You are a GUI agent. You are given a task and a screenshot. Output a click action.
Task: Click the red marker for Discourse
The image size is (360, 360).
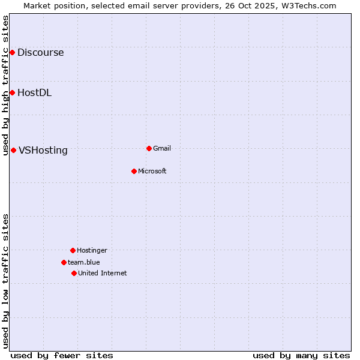(x=12, y=53)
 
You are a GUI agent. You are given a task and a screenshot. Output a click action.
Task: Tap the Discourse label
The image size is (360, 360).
(x=40, y=53)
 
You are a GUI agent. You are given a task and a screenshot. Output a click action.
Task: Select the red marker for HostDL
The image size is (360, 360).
(x=12, y=92)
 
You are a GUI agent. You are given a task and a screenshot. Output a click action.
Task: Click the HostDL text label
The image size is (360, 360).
(x=34, y=93)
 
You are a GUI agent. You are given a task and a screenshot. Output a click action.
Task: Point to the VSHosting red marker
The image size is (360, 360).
(x=13, y=150)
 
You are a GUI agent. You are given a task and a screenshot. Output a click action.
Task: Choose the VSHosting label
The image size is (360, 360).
(x=43, y=151)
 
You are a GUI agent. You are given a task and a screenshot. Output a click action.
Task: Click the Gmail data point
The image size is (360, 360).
(x=149, y=148)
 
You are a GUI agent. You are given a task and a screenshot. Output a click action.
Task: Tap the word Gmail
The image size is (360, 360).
(x=162, y=149)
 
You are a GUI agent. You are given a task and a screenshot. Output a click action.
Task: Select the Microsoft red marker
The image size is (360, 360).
(x=134, y=171)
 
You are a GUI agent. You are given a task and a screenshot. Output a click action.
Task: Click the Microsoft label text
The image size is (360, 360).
(x=152, y=172)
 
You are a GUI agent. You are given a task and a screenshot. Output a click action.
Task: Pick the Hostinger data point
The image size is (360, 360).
(x=73, y=250)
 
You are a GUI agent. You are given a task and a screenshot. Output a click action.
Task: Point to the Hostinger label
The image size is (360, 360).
(x=92, y=251)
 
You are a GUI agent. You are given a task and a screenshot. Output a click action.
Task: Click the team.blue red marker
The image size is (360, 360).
(x=64, y=262)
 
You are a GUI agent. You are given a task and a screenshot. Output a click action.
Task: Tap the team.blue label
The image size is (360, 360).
(x=83, y=263)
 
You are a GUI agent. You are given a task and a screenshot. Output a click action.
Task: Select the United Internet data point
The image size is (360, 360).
(x=74, y=273)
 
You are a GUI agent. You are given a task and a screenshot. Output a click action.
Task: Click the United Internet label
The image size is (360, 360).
(x=102, y=274)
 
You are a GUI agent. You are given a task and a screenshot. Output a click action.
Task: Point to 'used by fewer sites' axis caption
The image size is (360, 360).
(x=62, y=355)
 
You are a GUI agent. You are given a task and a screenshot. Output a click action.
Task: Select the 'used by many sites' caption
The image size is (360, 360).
(x=301, y=355)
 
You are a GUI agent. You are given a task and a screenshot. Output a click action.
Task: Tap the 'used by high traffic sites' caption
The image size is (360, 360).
(x=5, y=85)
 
